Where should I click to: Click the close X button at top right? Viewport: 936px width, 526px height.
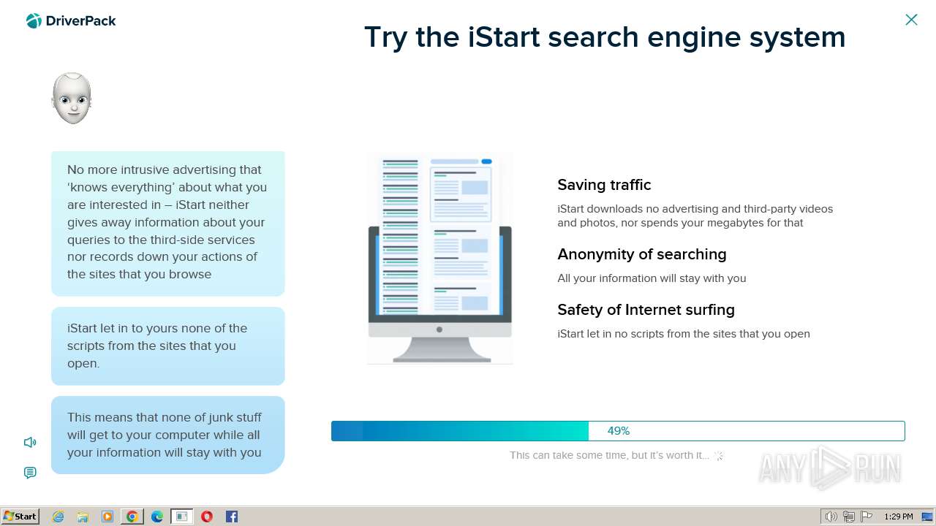(911, 20)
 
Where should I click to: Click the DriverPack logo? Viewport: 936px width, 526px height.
(71, 21)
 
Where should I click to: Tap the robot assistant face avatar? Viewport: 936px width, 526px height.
(72, 98)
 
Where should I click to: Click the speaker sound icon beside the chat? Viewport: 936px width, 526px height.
(30, 442)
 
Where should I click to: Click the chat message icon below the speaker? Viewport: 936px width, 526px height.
(30, 473)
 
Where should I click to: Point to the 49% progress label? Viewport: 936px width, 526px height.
(618, 431)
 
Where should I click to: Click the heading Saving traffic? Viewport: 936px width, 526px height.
(604, 185)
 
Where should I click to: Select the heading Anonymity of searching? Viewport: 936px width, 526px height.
(641, 254)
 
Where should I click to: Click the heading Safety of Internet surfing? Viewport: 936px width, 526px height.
(646, 310)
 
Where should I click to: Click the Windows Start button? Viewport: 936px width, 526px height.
(20, 517)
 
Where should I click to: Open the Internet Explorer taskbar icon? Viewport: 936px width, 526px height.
(58, 517)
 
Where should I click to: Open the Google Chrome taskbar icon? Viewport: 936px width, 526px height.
(132, 517)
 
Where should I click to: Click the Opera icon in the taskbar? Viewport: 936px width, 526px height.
(207, 517)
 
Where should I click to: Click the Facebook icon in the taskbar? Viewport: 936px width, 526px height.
(232, 517)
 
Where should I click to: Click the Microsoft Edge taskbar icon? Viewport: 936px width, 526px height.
(157, 517)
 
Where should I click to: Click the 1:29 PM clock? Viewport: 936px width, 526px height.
(898, 517)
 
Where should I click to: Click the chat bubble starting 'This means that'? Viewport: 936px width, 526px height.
(167, 435)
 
